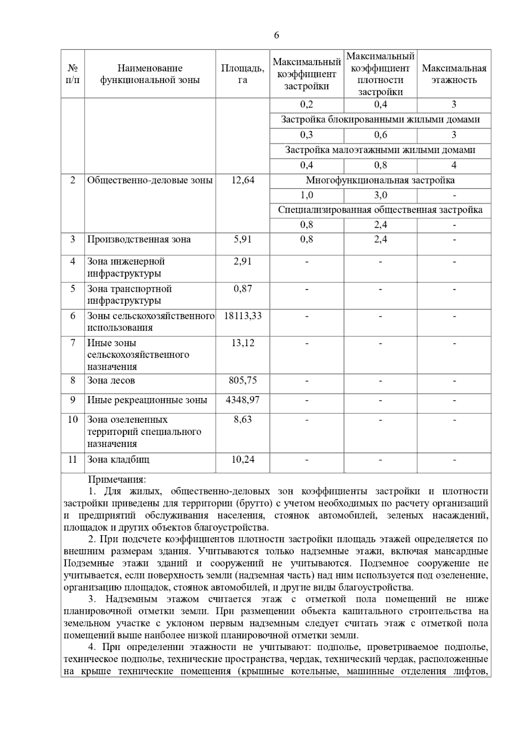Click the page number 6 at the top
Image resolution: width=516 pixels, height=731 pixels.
[276, 35]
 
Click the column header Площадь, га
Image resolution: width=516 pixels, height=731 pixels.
[243, 74]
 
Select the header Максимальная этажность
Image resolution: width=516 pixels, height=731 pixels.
[454, 74]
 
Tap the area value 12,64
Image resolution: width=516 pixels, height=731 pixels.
[243, 180]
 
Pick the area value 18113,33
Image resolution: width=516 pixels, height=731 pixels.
[243, 316]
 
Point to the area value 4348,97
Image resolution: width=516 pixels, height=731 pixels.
[243, 400]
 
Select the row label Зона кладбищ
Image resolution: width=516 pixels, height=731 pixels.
[118, 460]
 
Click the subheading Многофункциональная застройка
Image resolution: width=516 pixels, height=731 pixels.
[380, 180]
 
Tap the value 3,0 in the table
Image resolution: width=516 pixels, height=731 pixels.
[380, 195]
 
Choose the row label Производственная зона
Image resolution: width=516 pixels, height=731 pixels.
[139, 240]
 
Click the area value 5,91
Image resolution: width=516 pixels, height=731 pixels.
[243, 240]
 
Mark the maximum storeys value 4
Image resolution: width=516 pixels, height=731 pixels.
[454, 165]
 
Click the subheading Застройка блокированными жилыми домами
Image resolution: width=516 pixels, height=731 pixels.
[380, 120]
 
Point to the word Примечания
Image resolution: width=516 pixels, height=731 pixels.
[117, 480]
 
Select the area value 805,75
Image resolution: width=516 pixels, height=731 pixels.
[243, 381]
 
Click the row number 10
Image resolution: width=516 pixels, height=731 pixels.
[72, 420]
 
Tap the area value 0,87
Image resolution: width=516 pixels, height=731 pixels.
[243, 289]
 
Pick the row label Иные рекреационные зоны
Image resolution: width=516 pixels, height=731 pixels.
[147, 400]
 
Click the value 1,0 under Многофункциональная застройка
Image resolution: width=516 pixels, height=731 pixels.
[307, 195]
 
